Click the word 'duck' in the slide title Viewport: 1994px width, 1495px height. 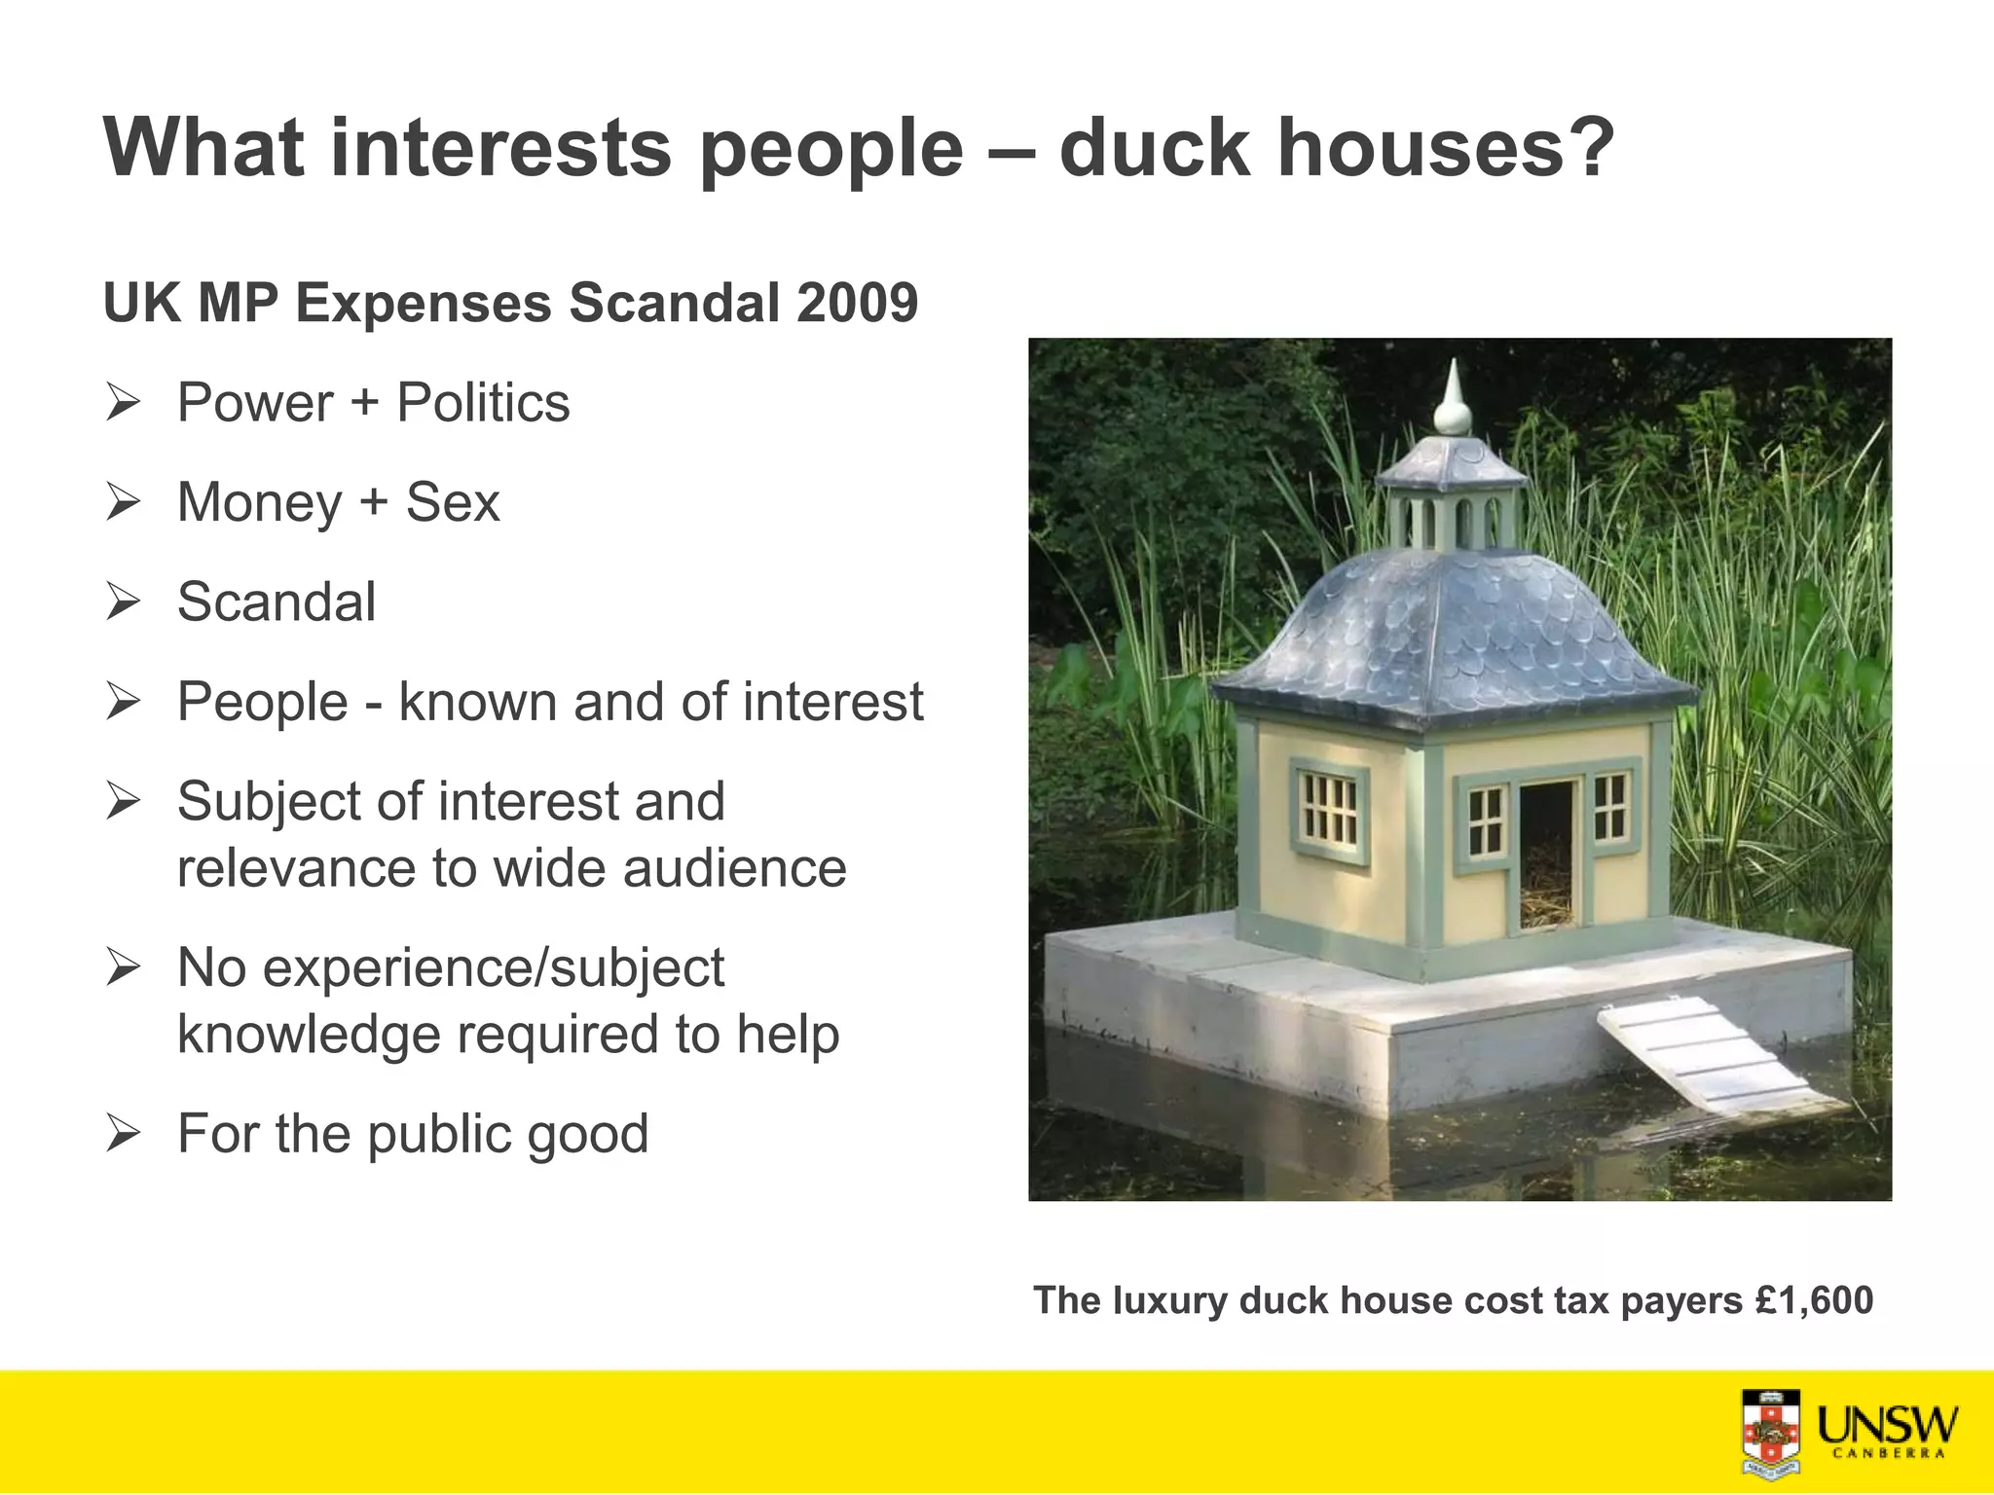coord(1154,148)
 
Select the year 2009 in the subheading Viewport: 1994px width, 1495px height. coord(857,303)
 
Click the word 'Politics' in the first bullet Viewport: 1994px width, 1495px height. coord(483,403)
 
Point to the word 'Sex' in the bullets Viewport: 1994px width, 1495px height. coord(453,503)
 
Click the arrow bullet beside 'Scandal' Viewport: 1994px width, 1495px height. coord(124,602)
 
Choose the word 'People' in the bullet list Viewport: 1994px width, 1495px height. coord(263,702)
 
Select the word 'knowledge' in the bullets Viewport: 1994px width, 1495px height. coord(309,1035)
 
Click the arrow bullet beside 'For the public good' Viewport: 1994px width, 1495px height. coord(124,1134)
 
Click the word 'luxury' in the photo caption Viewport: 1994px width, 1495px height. coord(1170,1301)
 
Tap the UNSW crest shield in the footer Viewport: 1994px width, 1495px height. coord(1771,1434)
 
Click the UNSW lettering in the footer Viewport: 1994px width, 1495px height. coord(1888,1426)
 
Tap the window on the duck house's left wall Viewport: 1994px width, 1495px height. coord(1330,811)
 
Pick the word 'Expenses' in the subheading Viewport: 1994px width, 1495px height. coord(424,303)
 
